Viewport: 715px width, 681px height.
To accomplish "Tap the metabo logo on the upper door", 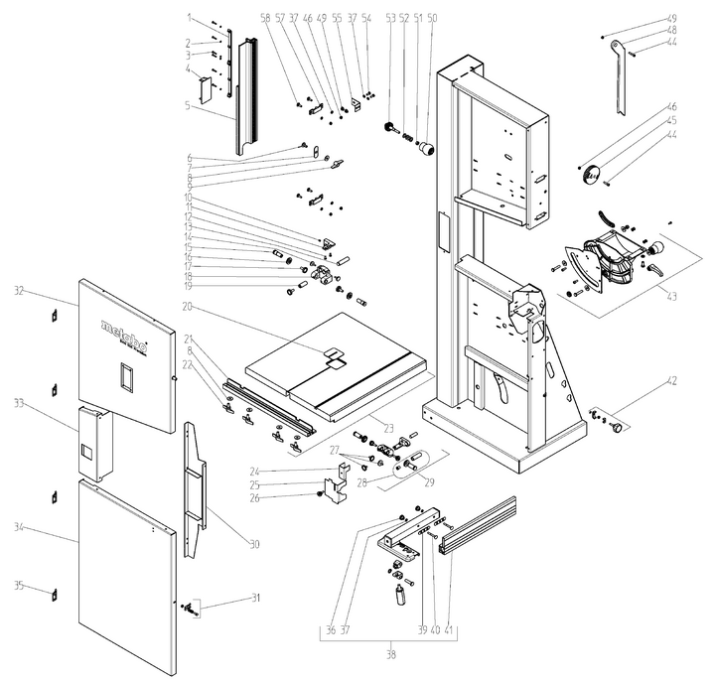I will point(125,334).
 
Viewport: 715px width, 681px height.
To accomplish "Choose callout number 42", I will point(671,381).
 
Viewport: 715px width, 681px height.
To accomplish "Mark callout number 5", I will point(188,104).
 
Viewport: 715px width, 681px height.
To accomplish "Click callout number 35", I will point(18,585).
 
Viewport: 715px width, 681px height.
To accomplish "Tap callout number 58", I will point(265,18).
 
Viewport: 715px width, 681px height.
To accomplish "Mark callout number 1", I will point(188,18).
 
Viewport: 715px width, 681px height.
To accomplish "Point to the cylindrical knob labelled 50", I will point(429,149).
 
